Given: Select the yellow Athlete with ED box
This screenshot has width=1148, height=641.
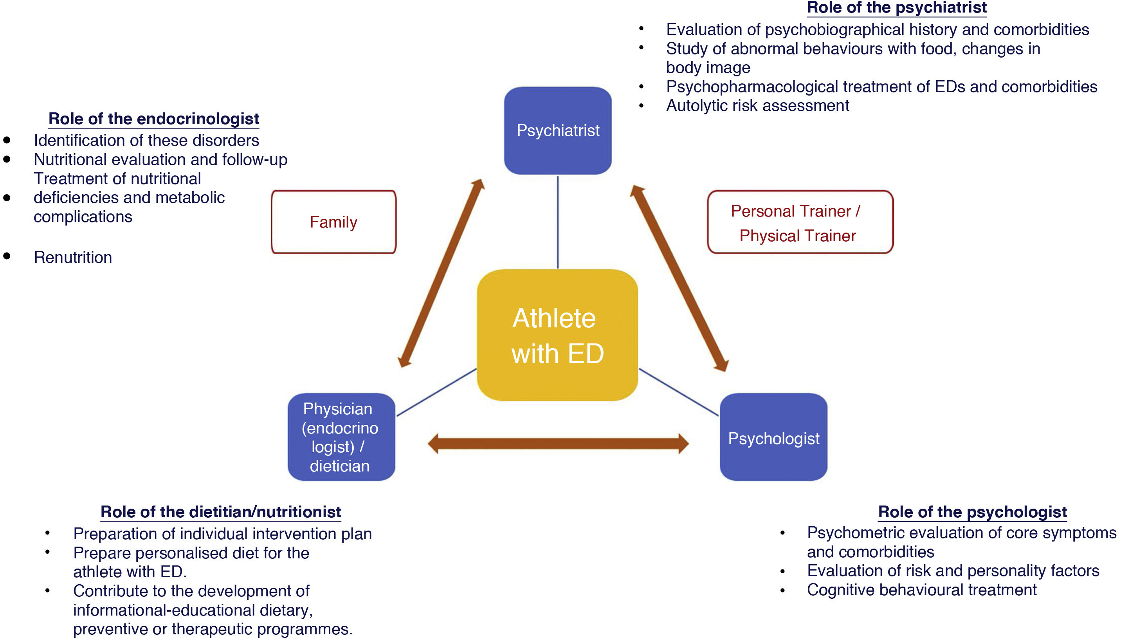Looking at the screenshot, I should [x=557, y=335].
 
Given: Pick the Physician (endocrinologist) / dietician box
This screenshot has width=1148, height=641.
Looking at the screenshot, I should [x=341, y=437].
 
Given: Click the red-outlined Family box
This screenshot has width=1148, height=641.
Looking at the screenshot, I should [x=333, y=222].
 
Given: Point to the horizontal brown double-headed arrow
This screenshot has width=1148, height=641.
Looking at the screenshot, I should [x=558, y=443].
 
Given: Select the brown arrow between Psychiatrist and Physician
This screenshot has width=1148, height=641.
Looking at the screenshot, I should [x=441, y=273].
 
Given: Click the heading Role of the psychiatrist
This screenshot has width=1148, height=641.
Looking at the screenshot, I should [x=897, y=7].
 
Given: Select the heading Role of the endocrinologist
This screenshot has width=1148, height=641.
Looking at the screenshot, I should [x=154, y=119].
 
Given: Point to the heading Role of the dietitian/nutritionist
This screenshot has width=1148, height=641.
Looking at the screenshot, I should [x=221, y=512].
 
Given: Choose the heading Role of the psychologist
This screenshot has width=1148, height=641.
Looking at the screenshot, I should [x=972, y=512].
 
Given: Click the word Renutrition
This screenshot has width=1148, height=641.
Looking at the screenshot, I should [x=73, y=257].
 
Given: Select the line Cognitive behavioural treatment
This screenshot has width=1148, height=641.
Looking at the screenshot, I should [x=922, y=590].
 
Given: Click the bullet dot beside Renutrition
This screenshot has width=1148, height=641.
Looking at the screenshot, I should [x=7, y=256].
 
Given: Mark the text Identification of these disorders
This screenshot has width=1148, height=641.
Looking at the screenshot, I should [x=146, y=141].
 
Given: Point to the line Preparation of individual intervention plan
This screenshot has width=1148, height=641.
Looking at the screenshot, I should [x=222, y=534].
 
